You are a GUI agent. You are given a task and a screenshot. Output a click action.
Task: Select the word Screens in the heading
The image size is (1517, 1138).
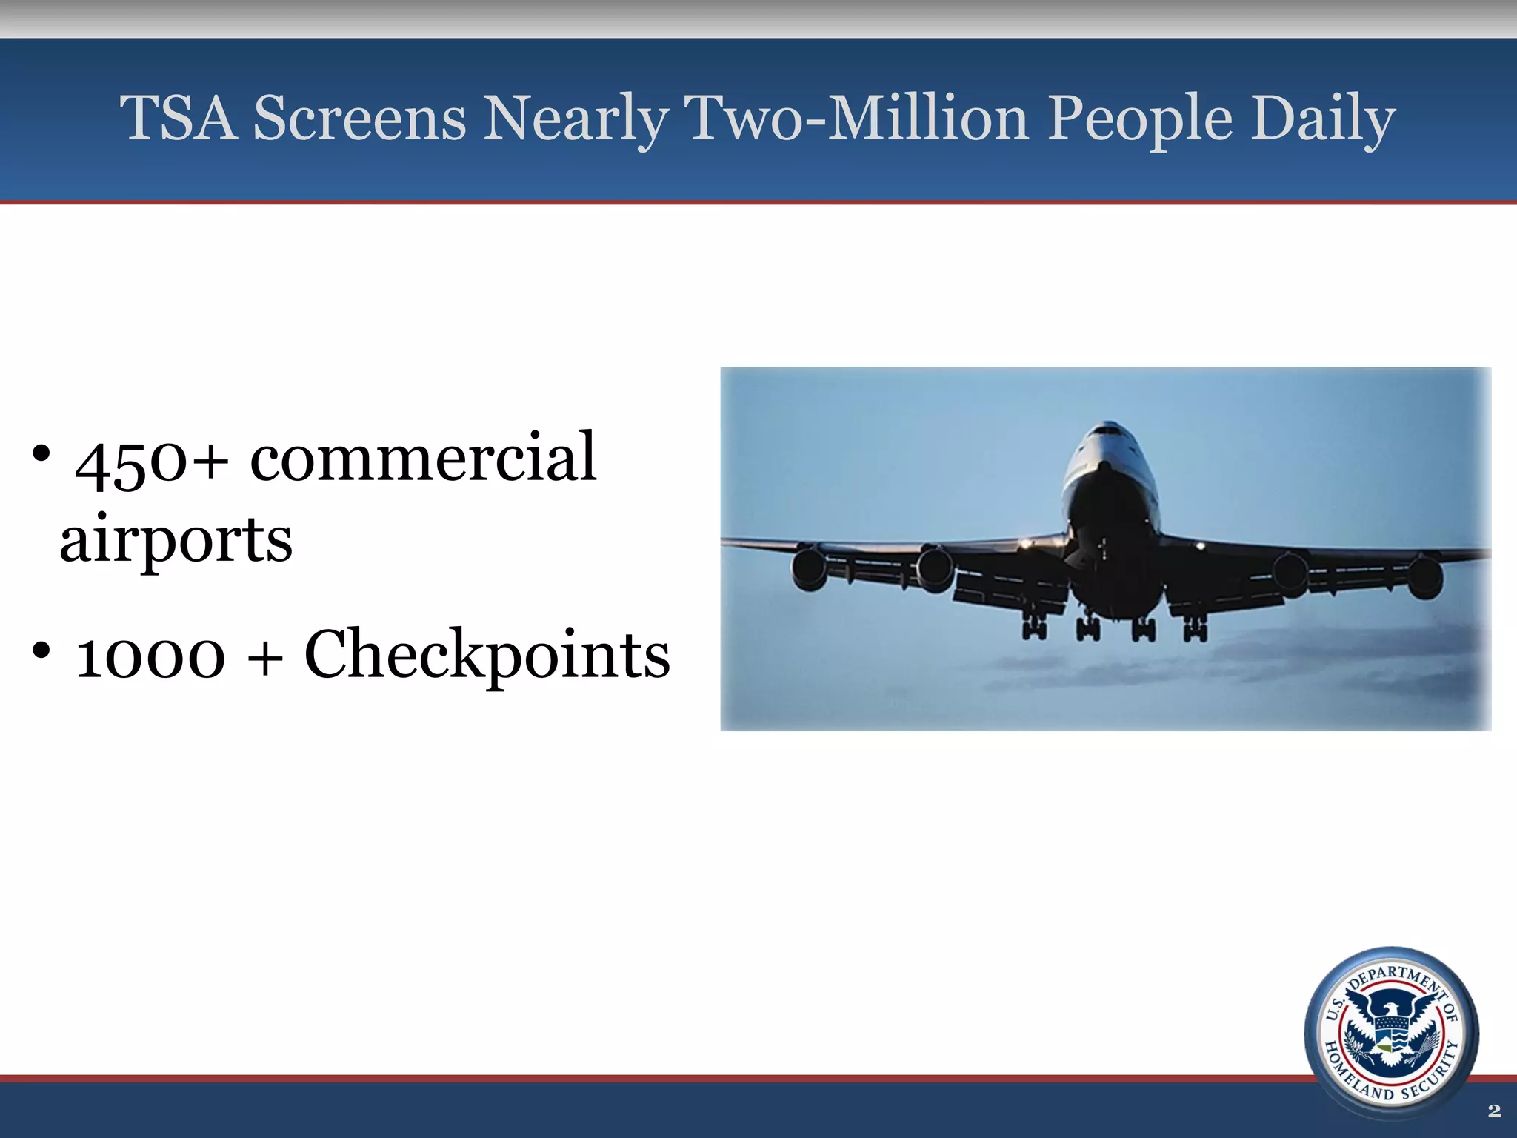[x=360, y=119]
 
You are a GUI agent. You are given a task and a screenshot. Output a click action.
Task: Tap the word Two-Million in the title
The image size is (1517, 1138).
[x=856, y=119]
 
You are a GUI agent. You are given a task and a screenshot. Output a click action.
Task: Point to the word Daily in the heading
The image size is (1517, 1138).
[x=1323, y=119]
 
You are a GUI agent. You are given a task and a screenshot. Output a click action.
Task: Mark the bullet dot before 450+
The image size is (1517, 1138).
[x=41, y=453]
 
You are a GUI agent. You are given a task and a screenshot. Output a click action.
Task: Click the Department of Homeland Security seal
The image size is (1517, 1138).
[x=1391, y=1034]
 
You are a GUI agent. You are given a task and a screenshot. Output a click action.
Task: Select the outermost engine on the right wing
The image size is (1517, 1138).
[x=1424, y=578]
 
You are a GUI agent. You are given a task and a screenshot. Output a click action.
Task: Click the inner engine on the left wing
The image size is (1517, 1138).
[x=935, y=569]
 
